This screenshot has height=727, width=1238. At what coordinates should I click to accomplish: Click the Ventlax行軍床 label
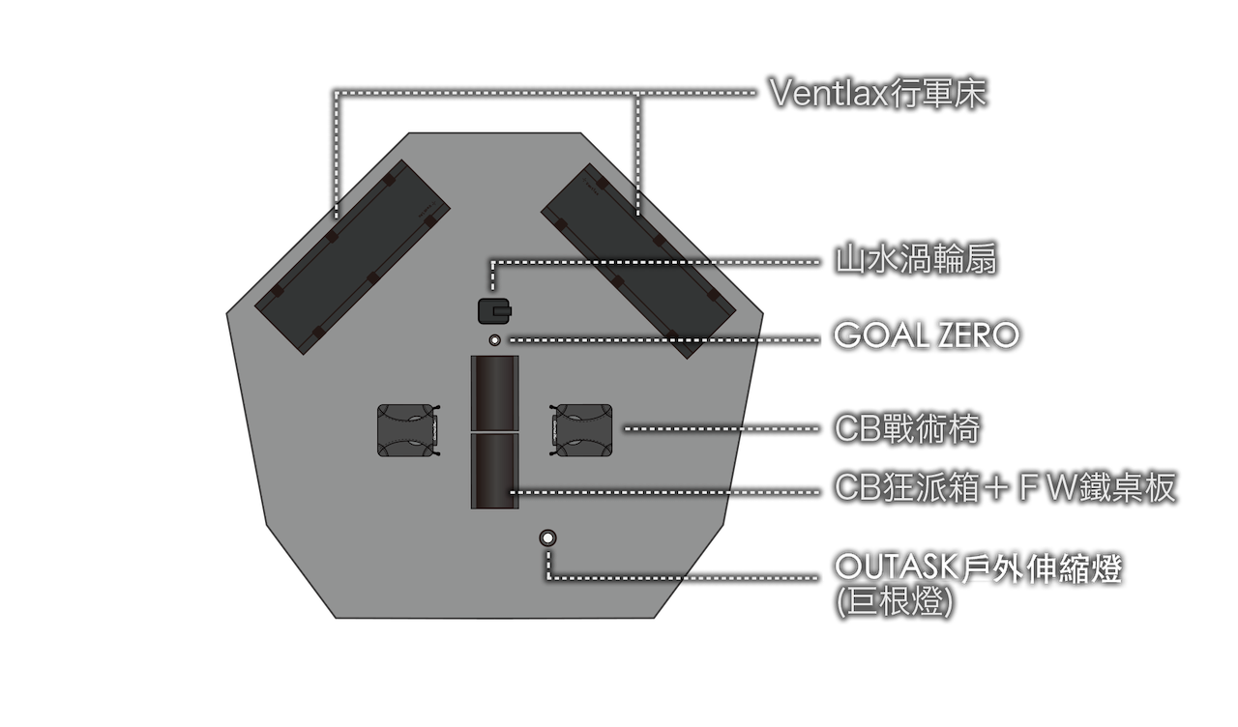click(878, 93)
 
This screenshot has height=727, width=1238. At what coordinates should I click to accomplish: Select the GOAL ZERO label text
click(927, 334)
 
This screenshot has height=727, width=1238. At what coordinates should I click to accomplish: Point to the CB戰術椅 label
click(907, 428)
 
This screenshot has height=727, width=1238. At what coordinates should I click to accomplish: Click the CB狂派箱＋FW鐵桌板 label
click(1005, 487)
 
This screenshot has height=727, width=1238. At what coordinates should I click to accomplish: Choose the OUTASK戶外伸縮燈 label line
click(978, 567)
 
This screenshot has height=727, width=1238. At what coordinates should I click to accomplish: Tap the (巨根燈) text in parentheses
click(895, 601)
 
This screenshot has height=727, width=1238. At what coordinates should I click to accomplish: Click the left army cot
click(352, 257)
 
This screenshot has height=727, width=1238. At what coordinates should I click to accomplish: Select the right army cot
click(638, 261)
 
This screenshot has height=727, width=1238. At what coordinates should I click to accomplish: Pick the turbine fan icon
click(494, 311)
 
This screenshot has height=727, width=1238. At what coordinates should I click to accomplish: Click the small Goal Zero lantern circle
click(494, 340)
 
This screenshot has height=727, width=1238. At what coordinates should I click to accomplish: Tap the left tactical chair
click(408, 430)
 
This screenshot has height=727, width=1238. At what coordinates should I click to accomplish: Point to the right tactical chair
click(581, 430)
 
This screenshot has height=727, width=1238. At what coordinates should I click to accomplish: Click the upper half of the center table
click(494, 393)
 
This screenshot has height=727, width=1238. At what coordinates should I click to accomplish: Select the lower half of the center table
click(494, 471)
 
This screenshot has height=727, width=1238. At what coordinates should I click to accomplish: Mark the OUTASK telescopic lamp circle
click(547, 538)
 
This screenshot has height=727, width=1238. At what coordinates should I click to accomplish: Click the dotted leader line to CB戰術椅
click(722, 428)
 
